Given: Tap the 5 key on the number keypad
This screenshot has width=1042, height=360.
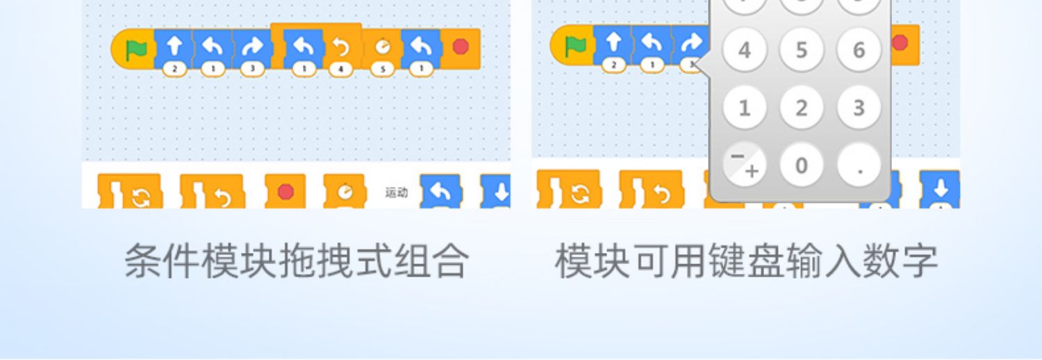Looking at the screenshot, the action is pos(802,50).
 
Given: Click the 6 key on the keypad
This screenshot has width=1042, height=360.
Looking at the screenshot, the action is pos(859,50).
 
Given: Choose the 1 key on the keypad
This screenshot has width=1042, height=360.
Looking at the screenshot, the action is pos(745,108).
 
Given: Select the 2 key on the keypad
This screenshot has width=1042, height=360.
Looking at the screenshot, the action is pos(802,108).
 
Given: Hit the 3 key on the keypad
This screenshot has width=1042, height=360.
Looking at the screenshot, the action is pos(859,108).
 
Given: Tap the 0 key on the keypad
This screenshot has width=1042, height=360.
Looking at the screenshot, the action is pos(802,165).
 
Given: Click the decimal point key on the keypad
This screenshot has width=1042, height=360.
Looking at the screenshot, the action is pos(859,165).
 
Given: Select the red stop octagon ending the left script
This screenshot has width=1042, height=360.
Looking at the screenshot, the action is pos(460,47).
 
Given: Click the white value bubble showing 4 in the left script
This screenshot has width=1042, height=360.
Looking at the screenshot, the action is pos(341,69).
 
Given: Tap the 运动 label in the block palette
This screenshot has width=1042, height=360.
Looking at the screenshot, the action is pos(397,193).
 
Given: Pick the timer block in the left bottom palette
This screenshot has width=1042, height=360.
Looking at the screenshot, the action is pos(345,191).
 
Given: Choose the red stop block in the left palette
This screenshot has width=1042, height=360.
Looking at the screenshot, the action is pos(286,190).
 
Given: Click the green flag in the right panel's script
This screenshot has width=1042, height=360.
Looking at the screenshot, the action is pos(575,47).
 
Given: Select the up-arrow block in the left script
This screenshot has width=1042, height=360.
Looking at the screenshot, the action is pos(174,47).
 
